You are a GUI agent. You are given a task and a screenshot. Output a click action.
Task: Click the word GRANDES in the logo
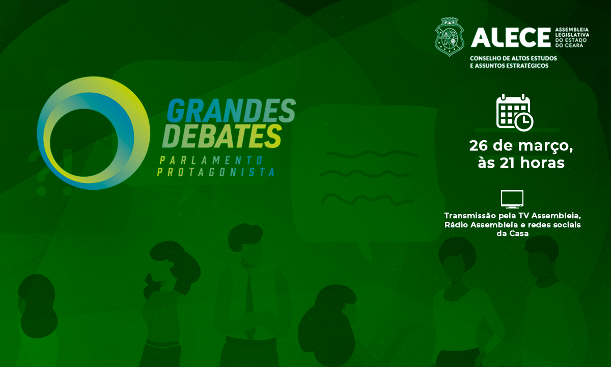[x=232, y=111]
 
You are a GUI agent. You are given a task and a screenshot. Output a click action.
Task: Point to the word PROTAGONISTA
[x=216, y=172]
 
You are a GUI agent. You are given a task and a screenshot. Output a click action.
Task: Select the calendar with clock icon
[x=514, y=112]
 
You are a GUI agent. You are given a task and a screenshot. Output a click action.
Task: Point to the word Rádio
[x=456, y=225]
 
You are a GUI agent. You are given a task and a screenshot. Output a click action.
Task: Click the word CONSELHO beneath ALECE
[x=486, y=58]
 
